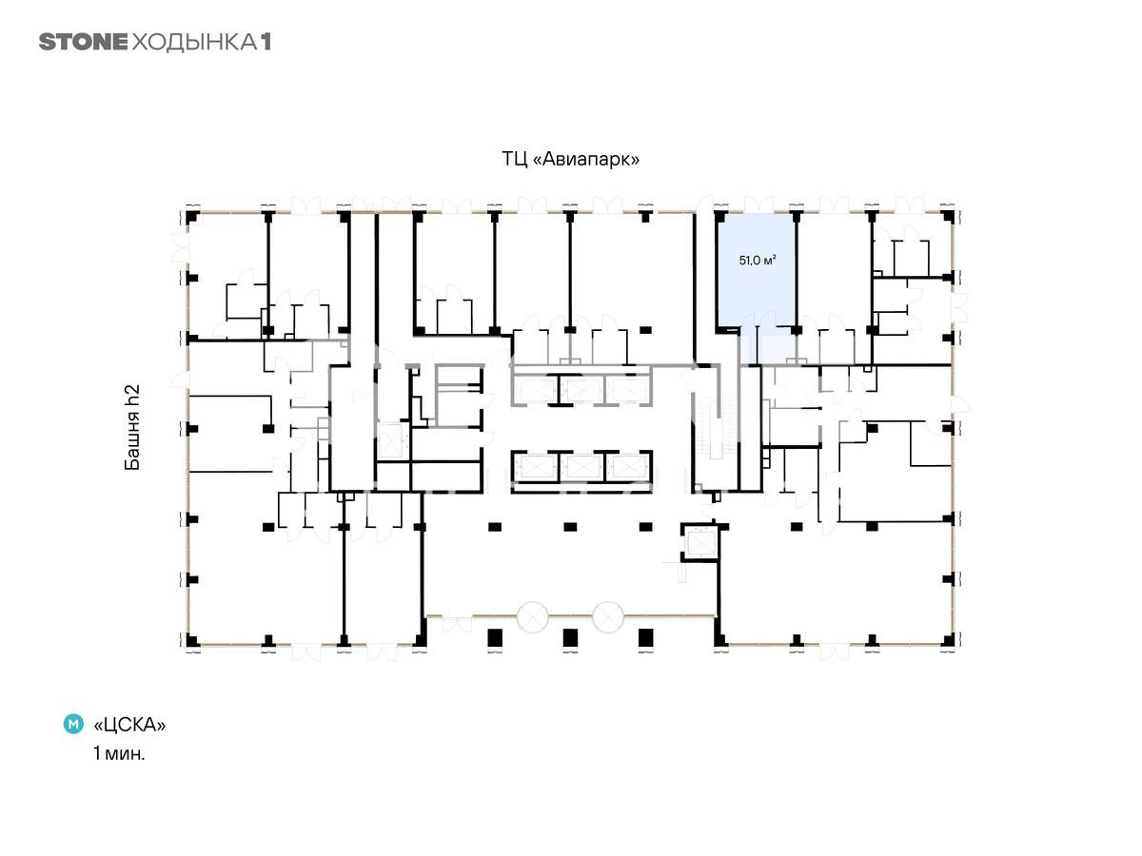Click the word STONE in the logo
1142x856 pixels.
click(x=83, y=42)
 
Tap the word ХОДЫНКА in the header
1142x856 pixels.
click(x=194, y=43)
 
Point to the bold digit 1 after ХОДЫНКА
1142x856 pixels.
click(x=266, y=42)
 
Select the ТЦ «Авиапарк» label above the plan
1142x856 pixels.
click(x=570, y=159)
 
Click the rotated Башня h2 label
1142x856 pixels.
click(x=132, y=427)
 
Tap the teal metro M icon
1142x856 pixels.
click(x=73, y=724)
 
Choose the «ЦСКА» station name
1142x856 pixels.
click(x=129, y=725)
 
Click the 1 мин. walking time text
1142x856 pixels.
click(x=119, y=753)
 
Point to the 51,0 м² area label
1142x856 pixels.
click(x=758, y=260)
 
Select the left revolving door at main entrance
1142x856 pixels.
click(x=532, y=617)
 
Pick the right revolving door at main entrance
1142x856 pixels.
click(x=608, y=617)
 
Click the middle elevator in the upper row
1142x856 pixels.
click(x=581, y=390)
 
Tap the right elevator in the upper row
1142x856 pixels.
click(x=628, y=390)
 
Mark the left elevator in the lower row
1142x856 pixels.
click(x=536, y=467)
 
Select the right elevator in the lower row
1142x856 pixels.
click(x=628, y=467)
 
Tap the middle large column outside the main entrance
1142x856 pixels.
click(x=570, y=637)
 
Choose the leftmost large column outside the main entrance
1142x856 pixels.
click(x=495, y=637)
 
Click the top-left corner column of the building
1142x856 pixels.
click(x=192, y=217)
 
